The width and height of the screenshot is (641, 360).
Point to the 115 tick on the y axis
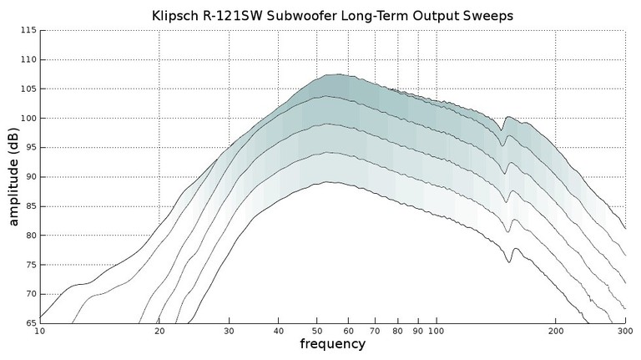[x=27, y=30]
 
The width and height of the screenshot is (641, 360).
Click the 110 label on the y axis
[x=27, y=59]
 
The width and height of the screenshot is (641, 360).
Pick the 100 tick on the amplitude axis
[x=27, y=118]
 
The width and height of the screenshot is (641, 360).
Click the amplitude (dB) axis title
[x=13, y=176]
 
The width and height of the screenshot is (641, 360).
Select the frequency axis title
[x=332, y=344]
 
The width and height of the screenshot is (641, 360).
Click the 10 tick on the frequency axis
[x=40, y=332]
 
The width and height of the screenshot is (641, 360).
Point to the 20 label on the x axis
[x=159, y=332]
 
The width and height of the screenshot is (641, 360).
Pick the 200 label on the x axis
[x=556, y=332]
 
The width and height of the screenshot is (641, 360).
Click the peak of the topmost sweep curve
[x=334, y=74]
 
